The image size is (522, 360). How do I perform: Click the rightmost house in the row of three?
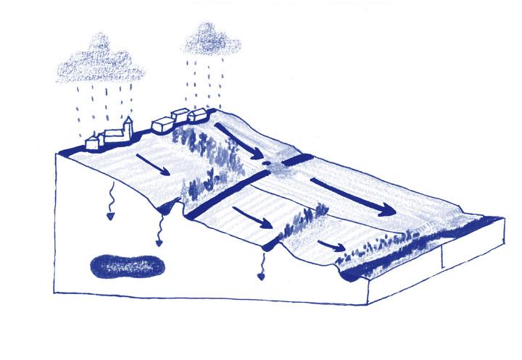click(x=197, y=114)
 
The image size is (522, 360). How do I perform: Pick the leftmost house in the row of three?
click(x=162, y=125)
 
